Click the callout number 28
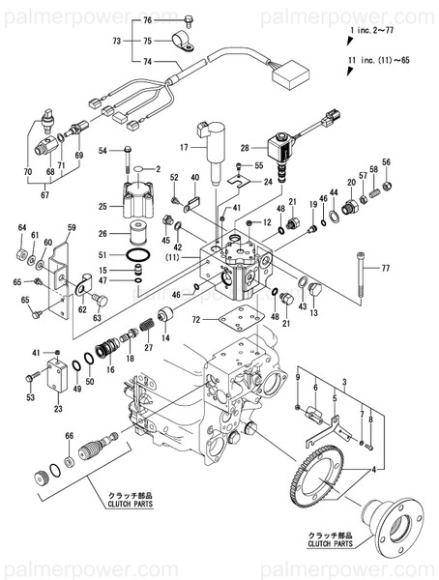246,148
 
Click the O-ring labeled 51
140,256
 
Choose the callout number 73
116,42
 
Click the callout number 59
71,228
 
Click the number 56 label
386,161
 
